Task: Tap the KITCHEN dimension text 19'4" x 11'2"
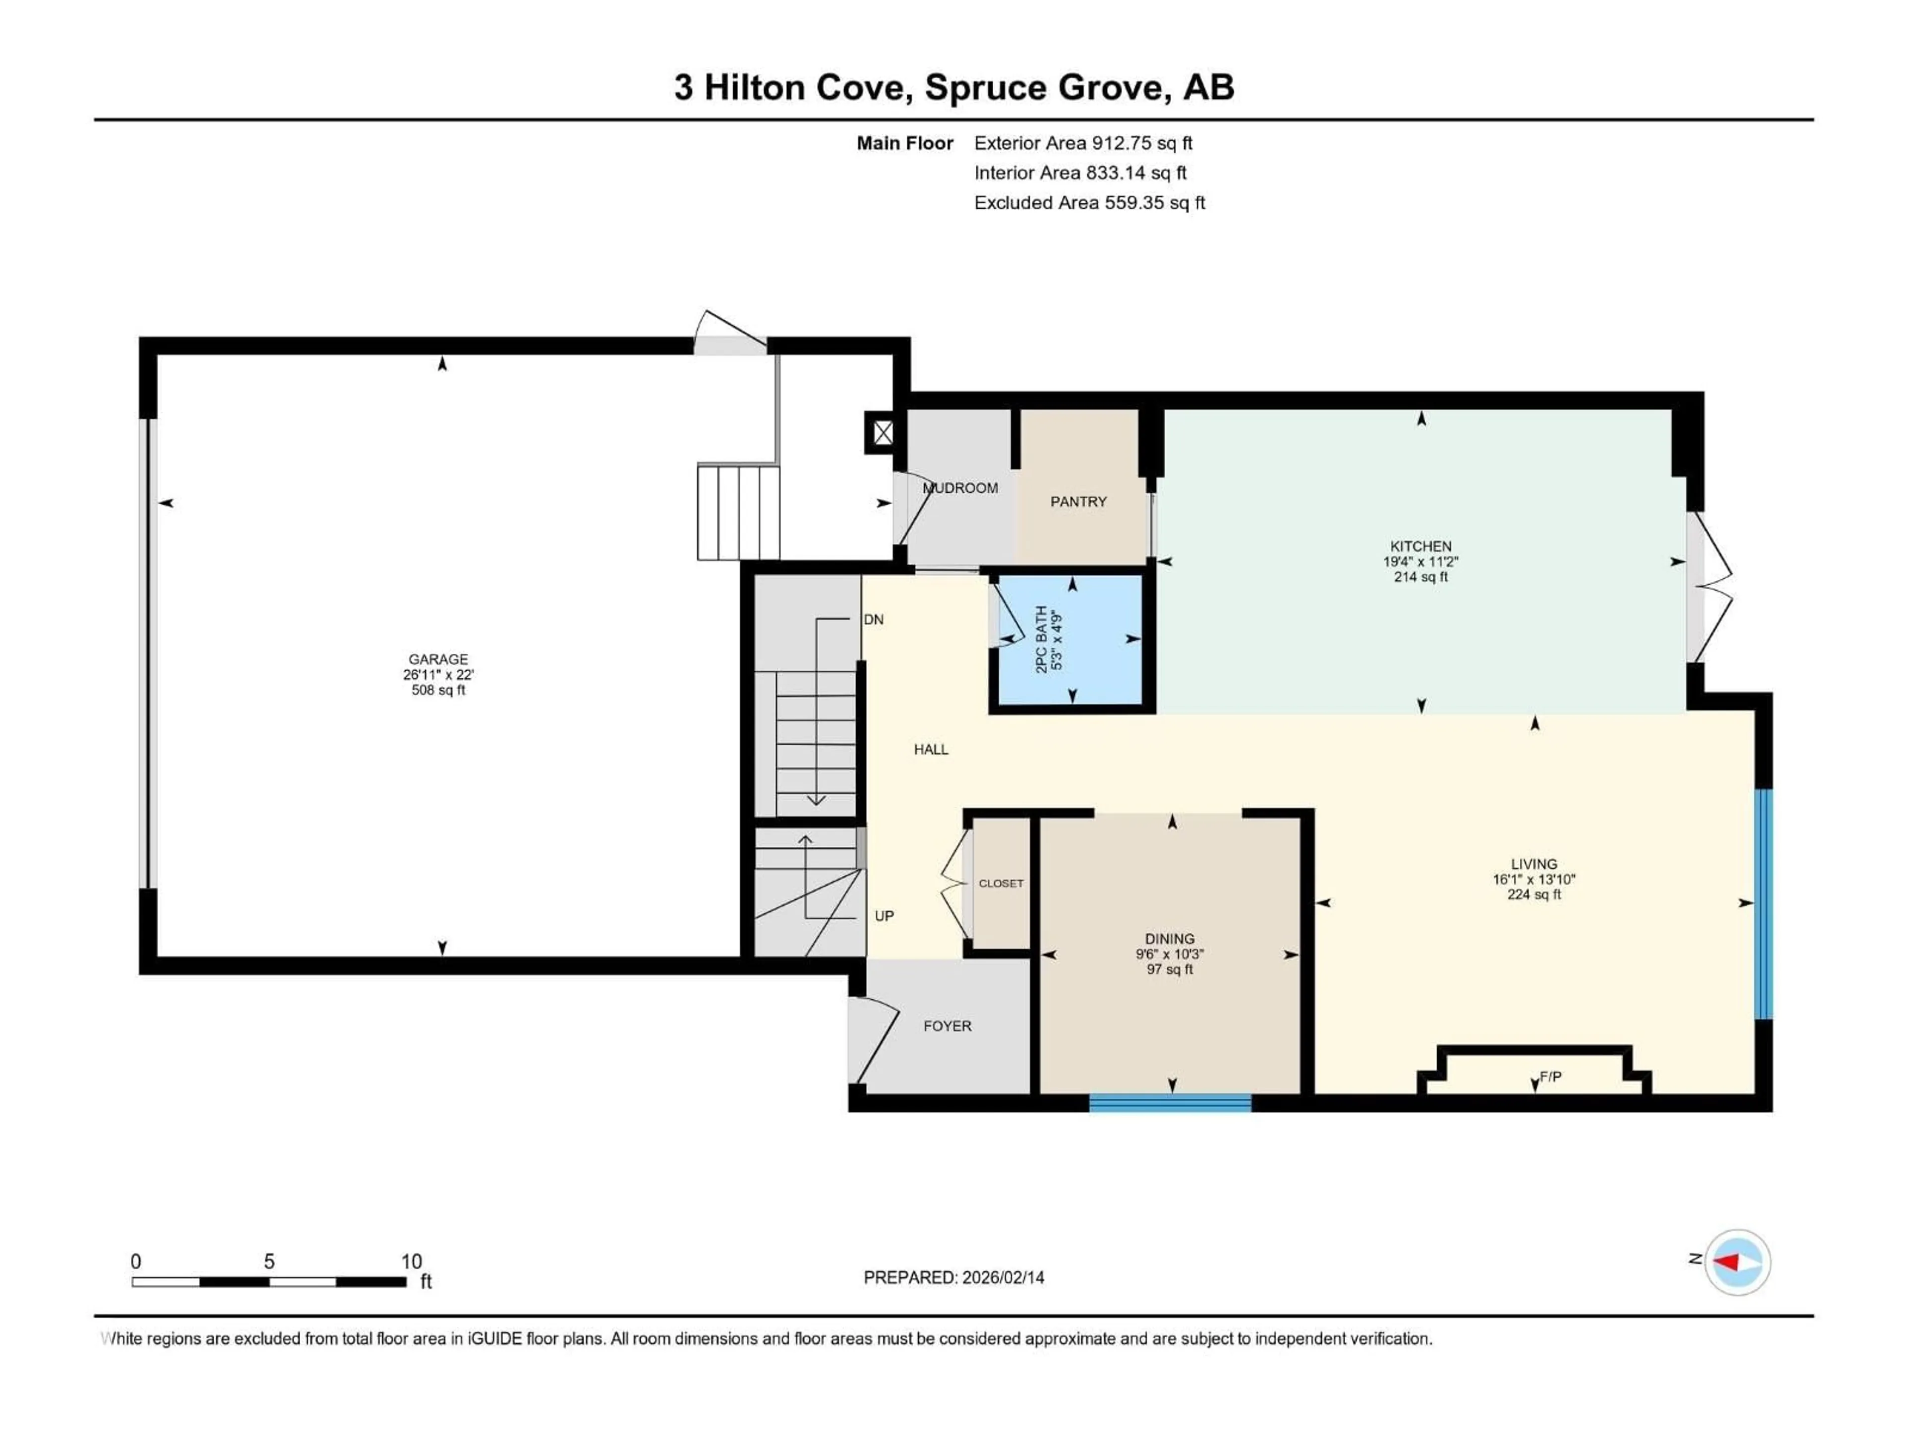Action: pos(1420,561)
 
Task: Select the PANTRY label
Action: pos(1078,502)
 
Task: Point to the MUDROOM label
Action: pos(960,488)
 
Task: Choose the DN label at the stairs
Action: pos(873,620)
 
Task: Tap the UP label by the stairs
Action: pos(884,916)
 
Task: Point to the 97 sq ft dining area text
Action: pos(1169,970)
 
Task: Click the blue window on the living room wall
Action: pos(1764,904)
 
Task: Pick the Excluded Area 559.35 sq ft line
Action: pos(1089,203)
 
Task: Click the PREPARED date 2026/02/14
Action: pos(953,1277)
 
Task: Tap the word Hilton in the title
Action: pos(754,87)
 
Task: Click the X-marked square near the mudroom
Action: pos(882,433)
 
